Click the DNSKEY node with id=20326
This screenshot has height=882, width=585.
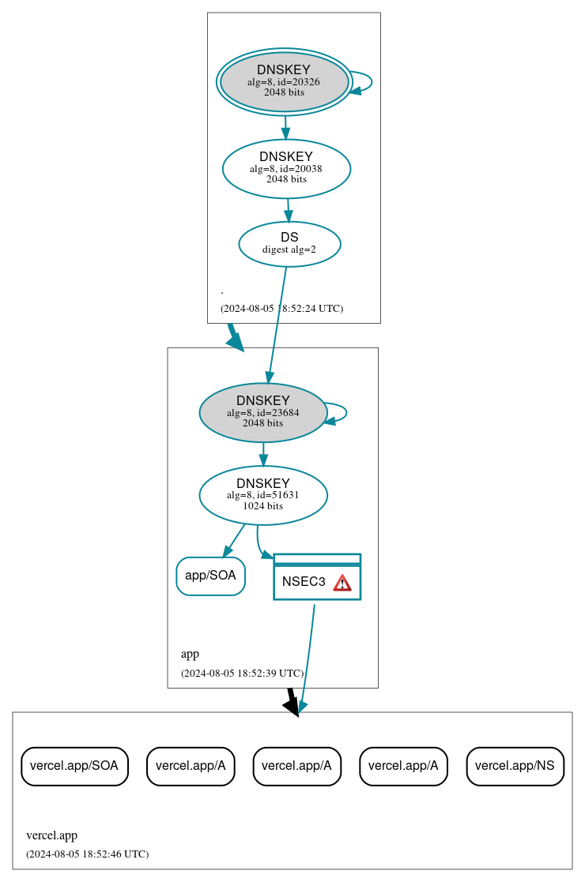pyautogui.click(x=285, y=82)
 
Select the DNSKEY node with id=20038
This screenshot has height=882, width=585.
pyautogui.click(x=286, y=168)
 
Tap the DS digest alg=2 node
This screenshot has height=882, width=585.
pyautogui.click(x=289, y=244)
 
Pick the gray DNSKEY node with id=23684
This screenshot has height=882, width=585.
pyautogui.click(x=262, y=412)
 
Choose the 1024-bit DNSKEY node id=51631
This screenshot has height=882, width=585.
pyautogui.click(x=262, y=495)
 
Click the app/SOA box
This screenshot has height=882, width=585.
pyautogui.click(x=210, y=576)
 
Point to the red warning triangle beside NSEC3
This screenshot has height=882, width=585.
pyautogui.click(x=342, y=583)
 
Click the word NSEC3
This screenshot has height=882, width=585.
pyautogui.click(x=304, y=583)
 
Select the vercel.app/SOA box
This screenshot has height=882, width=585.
pyautogui.click(x=74, y=766)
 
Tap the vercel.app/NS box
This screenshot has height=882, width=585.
pyautogui.click(x=515, y=766)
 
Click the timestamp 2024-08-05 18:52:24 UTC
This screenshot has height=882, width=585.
pyautogui.click(x=281, y=309)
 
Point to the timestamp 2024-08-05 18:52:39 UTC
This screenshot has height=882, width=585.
pyautogui.click(x=242, y=674)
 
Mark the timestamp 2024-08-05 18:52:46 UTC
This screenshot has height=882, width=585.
pyautogui.click(x=87, y=854)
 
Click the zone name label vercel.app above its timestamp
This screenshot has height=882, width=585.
pyautogui.click(x=52, y=835)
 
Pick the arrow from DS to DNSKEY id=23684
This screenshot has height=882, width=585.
pyautogui.click(x=277, y=324)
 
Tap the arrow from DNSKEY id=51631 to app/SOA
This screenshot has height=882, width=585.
pyautogui.click(x=234, y=541)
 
